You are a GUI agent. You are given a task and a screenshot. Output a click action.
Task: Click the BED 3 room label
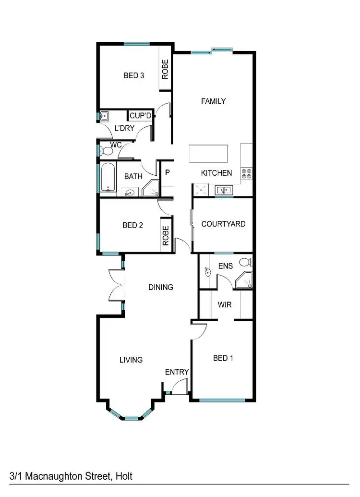(x=134, y=75)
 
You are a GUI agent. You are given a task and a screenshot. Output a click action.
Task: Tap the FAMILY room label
(x=213, y=101)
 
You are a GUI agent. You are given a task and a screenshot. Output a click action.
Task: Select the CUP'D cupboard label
(x=141, y=116)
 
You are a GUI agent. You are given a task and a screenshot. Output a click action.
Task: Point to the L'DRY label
(x=124, y=128)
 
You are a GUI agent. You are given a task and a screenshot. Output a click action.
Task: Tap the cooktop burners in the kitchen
(x=247, y=173)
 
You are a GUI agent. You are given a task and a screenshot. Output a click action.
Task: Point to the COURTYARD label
(x=223, y=224)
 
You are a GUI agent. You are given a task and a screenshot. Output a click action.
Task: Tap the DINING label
(x=160, y=288)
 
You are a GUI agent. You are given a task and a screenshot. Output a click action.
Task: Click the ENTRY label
(x=177, y=372)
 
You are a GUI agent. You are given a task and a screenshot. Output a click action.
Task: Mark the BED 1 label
(x=223, y=358)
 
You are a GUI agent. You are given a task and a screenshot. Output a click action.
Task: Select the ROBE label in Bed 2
(x=166, y=236)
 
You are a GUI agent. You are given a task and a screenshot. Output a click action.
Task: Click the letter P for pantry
(x=168, y=173)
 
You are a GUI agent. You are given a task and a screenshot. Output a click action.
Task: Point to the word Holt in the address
(x=122, y=476)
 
